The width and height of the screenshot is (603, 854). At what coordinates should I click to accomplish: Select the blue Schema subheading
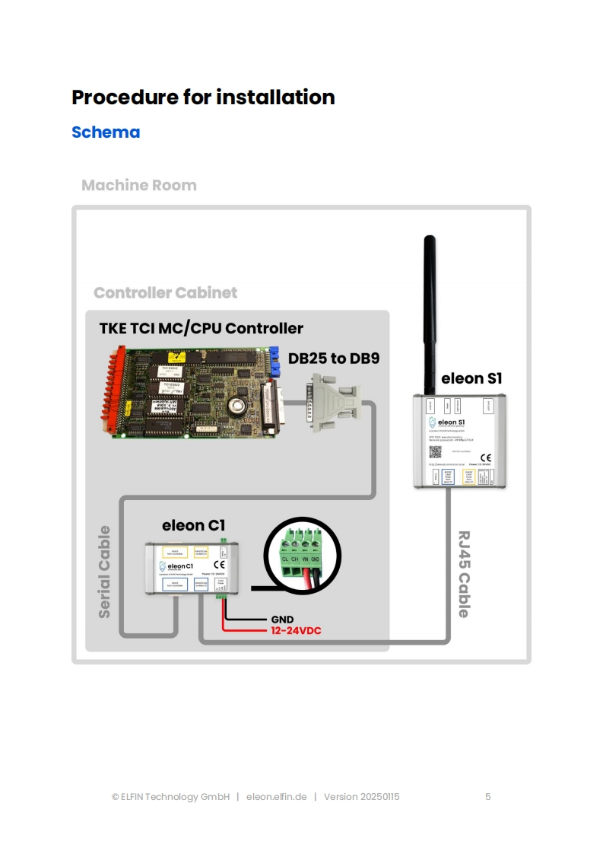106,132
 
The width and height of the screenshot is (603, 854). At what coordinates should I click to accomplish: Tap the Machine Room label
138,186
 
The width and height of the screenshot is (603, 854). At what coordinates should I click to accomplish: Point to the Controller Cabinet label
165,293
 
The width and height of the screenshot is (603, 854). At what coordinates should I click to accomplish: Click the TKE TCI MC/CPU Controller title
201,329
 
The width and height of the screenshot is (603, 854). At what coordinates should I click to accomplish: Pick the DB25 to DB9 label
333,358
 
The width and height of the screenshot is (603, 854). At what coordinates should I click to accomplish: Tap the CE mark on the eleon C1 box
219,565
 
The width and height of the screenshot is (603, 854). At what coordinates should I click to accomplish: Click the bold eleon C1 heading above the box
193,526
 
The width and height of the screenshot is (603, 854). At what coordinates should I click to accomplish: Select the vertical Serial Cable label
104,571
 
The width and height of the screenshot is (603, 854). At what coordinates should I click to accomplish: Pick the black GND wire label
282,620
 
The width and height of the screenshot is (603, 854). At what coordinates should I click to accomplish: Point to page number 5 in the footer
488,797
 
